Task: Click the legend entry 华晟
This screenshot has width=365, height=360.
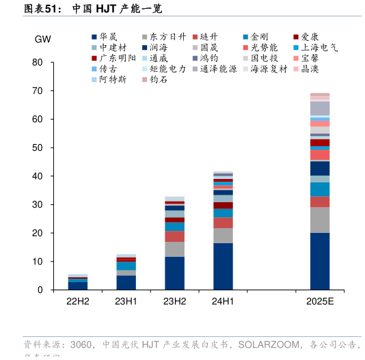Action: point(108,36)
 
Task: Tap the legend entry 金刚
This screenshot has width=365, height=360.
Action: point(259,36)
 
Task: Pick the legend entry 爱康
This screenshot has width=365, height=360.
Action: point(310,36)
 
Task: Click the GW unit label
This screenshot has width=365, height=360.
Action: point(43,38)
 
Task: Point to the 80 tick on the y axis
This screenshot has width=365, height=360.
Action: point(38,62)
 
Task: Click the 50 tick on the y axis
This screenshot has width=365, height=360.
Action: point(38,148)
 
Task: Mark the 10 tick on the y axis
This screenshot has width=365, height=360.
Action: point(38,262)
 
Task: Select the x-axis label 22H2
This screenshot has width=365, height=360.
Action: point(77,301)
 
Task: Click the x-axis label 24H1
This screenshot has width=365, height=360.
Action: point(223,301)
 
